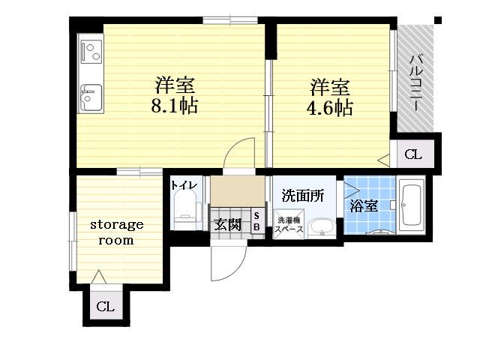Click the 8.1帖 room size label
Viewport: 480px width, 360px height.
175,106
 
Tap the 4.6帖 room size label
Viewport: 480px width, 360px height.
330,107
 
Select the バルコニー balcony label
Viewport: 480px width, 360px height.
417,82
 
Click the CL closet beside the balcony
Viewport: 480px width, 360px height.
413,154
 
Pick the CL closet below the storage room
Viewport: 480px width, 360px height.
106,306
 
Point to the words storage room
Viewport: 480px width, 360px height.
117,232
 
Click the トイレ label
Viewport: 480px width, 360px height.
184,185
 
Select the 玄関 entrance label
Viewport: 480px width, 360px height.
227,225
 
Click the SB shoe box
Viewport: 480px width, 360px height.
256,221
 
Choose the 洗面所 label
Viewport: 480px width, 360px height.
303,196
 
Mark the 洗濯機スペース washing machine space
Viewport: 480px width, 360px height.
289,224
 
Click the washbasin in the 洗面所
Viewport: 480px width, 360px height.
322,228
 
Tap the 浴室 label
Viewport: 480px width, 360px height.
363,205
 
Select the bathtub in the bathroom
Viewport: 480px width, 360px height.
411,205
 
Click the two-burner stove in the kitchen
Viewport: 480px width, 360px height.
91,52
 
